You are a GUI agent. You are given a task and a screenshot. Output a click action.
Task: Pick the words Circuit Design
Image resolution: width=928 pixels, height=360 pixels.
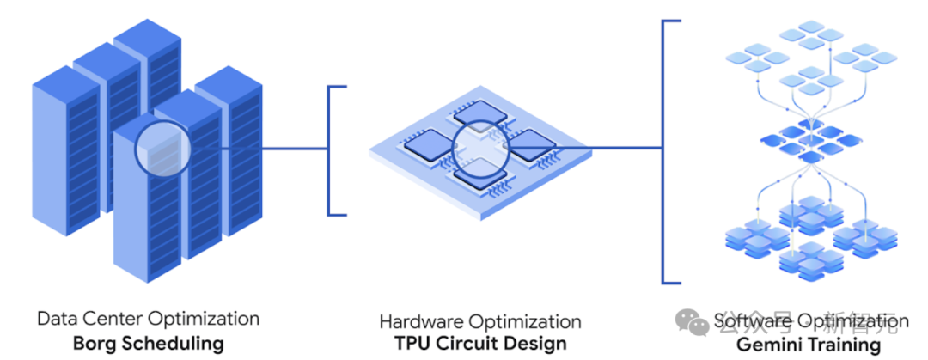pos(507,344)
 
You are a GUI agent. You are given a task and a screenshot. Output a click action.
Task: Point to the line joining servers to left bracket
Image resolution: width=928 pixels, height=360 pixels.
pos(258,148)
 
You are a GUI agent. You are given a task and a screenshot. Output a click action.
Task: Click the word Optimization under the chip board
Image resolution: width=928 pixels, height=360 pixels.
pos(523,322)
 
